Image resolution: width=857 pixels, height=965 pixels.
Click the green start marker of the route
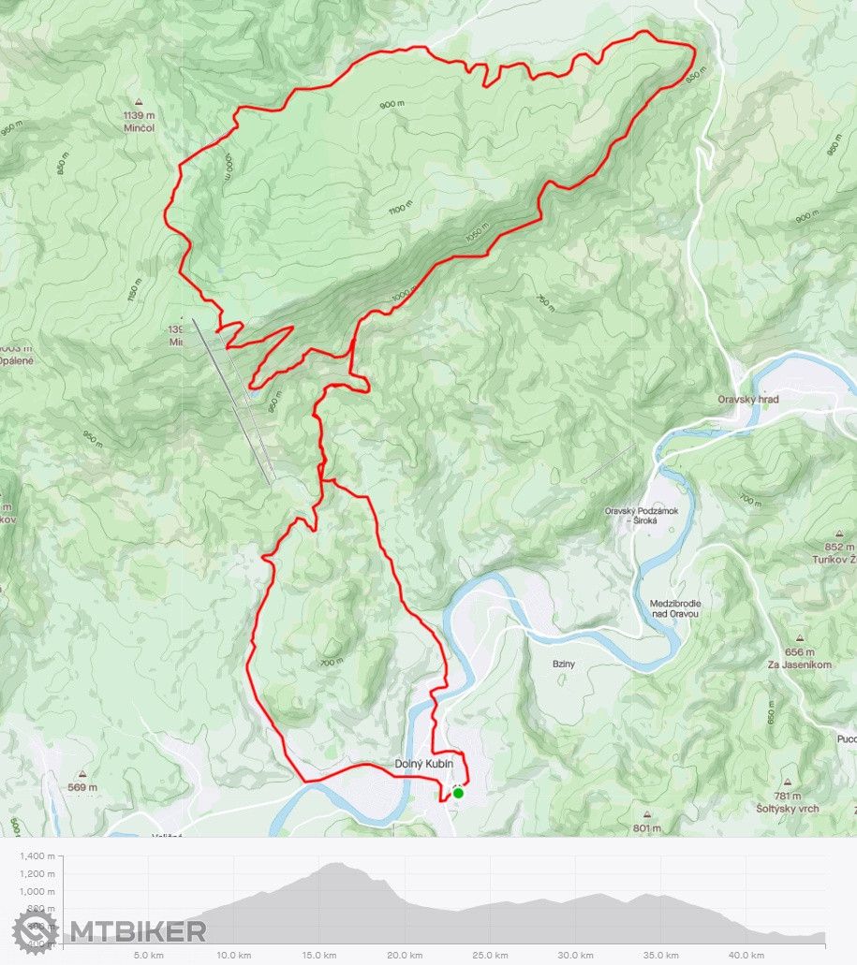pos(458,793)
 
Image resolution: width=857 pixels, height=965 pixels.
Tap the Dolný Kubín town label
pos(423,765)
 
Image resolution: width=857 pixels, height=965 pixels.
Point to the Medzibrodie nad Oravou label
pos(675,608)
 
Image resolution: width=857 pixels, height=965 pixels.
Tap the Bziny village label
pos(563,664)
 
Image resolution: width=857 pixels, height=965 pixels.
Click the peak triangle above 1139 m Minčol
pos(138,102)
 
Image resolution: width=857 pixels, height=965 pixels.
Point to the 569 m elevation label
pos(82,787)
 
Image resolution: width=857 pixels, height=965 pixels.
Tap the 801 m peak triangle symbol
pos(647,815)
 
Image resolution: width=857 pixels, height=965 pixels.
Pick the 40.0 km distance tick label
pos(746,955)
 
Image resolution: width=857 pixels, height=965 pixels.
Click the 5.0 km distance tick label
pos(150,955)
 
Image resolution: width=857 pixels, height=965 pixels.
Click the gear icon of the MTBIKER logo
pos(35,931)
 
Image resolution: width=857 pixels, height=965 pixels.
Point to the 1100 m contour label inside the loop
pos(401,209)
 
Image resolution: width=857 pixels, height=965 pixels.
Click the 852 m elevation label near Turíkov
pos(840,547)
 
